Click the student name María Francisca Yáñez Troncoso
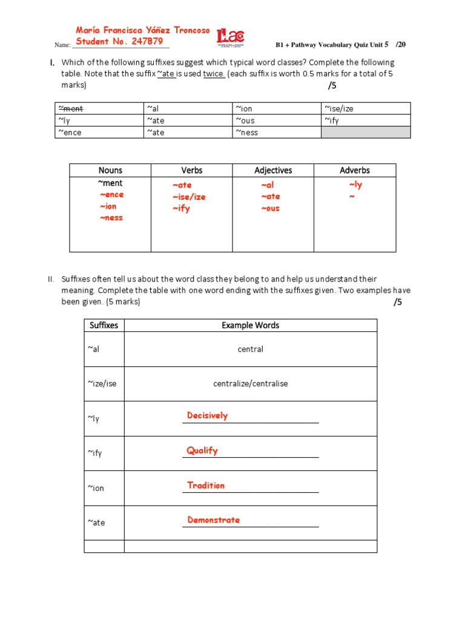point(143,30)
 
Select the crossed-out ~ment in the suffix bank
point(70,108)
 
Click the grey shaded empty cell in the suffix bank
point(365,132)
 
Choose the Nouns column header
point(110,170)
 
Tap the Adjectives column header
point(273,170)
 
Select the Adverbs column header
point(355,170)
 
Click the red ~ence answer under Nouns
point(111,194)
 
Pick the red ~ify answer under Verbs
point(181,208)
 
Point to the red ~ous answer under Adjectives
point(270,208)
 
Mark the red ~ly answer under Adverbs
point(355,185)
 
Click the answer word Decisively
point(207,415)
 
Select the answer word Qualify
point(202,450)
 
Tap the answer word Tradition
point(206,485)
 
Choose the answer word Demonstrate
point(213,519)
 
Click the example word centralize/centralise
point(250,384)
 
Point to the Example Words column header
point(250,325)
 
